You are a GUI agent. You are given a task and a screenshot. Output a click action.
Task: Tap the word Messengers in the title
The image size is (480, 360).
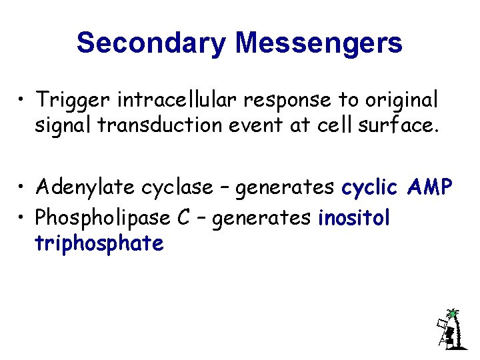pyautogui.click(x=319, y=43)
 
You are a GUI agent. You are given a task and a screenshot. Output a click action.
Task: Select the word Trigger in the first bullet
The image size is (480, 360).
pyautogui.click(x=74, y=100)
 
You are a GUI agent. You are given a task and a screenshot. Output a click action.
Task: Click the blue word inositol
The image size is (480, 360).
pyautogui.click(x=354, y=217)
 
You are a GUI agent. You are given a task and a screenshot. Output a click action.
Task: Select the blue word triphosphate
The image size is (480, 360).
pyautogui.click(x=99, y=244)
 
